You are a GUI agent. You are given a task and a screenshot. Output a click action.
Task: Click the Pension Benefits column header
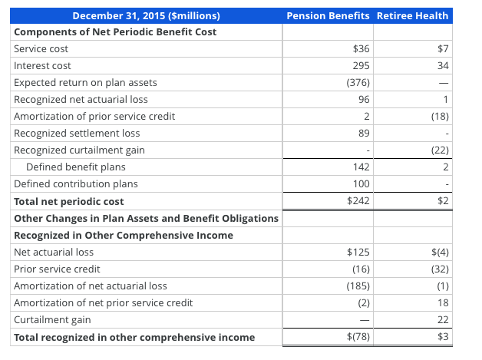click(x=327, y=16)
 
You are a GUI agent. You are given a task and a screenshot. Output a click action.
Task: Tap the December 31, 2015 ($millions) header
click(x=146, y=16)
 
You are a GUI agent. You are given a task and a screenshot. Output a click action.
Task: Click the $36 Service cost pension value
click(x=361, y=48)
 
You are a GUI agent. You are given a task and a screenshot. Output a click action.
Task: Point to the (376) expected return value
click(x=358, y=83)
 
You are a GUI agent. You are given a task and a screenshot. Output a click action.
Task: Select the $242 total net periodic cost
click(x=358, y=201)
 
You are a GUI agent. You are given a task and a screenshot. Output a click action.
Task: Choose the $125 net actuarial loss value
click(x=358, y=252)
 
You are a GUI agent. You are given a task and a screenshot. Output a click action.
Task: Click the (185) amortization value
click(x=358, y=286)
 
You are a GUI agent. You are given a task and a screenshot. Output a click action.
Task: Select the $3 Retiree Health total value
click(x=442, y=337)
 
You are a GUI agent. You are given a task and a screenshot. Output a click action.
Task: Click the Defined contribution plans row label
click(x=76, y=184)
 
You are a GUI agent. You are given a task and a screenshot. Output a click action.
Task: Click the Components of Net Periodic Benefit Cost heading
click(x=115, y=32)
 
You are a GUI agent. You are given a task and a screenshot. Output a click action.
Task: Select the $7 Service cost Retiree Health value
click(x=443, y=48)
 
